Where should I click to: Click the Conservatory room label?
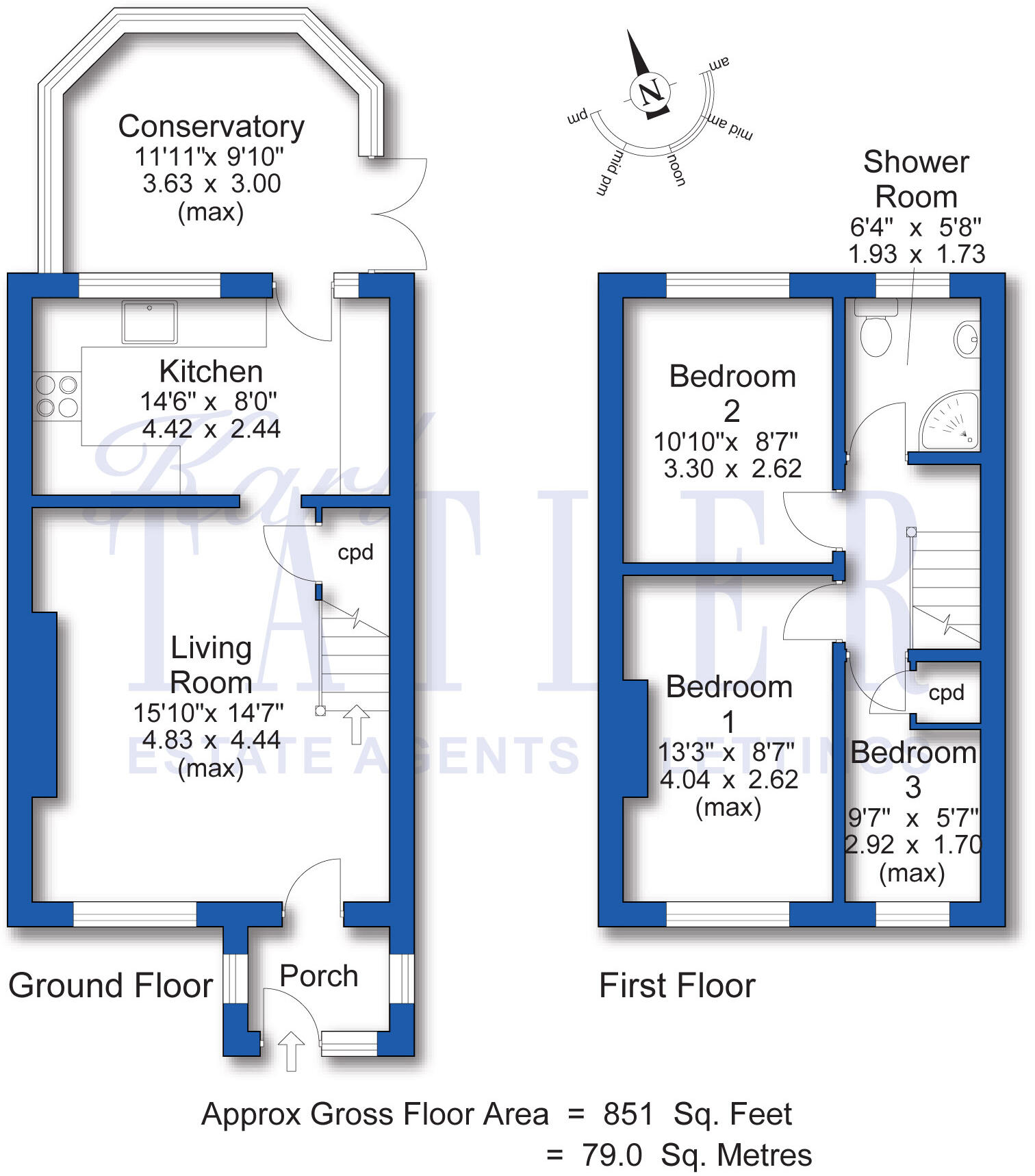click(x=211, y=127)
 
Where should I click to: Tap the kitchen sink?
click(x=149, y=321)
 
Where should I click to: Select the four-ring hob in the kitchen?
click(x=57, y=397)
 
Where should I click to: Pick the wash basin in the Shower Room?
click(x=967, y=340)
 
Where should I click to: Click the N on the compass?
click(x=649, y=91)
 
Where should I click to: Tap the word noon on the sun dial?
click(x=676, y=170)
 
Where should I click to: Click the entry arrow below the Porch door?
click(x=291, y=1051)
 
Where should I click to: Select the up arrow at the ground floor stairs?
click(x=356, y=725)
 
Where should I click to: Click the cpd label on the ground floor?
click(x=355, y=552)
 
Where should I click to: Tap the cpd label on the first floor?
click(x=946, y=692)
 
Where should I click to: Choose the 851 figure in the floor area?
click(x=628, y=1114)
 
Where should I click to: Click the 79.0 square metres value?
click(x=612, y=1155)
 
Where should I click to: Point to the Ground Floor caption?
click(x=111, y=986)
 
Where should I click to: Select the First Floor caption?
click(x=677, y=986)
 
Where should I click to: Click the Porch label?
click(x=319, y=976)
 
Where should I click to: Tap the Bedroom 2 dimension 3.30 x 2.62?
click(x=732, y=468)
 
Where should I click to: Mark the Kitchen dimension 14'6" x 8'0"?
click(x=209, y=401)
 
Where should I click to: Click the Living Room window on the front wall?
click(x=135, y=914)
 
